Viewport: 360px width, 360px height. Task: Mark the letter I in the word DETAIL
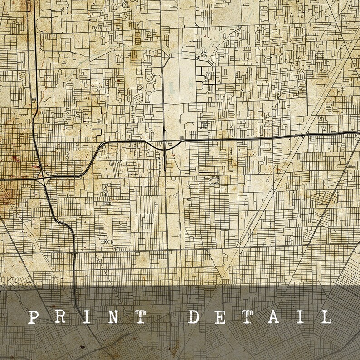point(301,317)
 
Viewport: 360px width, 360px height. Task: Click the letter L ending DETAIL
point(326,317)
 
